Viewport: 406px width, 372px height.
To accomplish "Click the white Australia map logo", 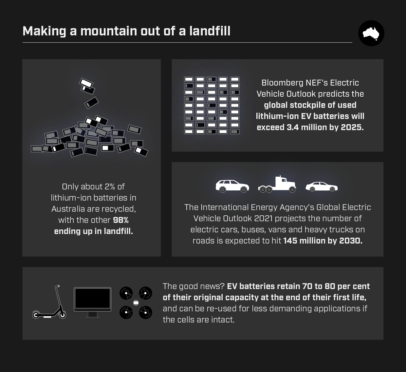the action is click(371, 33).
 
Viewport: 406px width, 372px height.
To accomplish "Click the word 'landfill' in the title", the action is click(210, 31).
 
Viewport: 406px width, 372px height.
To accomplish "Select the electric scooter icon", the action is click(49, 302).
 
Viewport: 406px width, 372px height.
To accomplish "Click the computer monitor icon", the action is click(92, 303).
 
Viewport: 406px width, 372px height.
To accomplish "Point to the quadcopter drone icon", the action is click(136, 303).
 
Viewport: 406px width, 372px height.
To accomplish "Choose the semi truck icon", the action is click(277, 184).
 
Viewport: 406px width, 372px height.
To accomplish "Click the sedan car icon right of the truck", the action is click(322, 186).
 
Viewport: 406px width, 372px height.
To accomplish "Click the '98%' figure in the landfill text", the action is click(121, 220).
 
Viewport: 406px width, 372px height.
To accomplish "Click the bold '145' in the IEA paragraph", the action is click(290, 241).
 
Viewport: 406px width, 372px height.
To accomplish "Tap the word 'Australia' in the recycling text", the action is click(68, 209).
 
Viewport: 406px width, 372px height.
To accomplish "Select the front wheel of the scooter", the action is click(63, 315).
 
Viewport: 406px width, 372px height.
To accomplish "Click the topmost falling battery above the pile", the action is click(86, 83).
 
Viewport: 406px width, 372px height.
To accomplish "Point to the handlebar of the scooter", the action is click(58, 286).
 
